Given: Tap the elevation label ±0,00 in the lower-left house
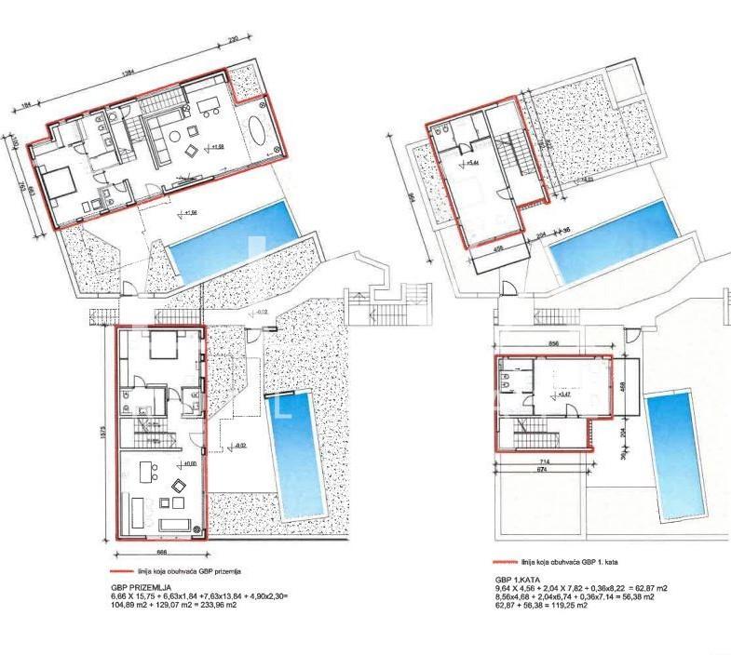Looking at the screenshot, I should coord(189,464).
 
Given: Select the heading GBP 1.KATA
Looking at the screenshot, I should coord(518,579).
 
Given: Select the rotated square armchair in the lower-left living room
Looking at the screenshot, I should coord(179,484).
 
